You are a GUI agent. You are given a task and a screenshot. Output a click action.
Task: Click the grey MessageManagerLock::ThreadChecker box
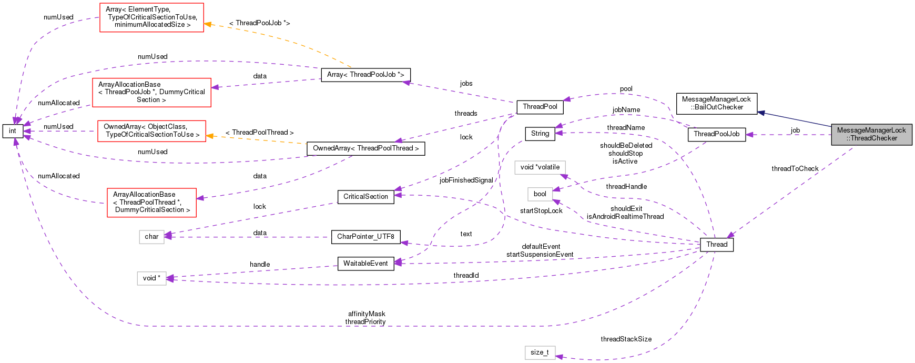[x=871, y=134]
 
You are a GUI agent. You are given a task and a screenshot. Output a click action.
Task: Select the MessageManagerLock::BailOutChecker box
[x=716, y=103]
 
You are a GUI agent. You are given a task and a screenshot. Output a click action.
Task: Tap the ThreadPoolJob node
[x=716, y=134]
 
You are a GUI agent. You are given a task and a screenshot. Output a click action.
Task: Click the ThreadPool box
[x=540, y=107]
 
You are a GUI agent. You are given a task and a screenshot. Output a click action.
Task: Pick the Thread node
[x=716, y=245]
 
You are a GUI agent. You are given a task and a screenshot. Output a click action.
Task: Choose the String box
[x=540, y=134]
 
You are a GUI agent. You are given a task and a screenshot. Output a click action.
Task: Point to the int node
[x=13, y=131]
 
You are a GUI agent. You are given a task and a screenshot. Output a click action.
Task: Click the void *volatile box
[x=540, y=167]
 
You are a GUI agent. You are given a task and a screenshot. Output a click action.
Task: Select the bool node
[x=540, y=194]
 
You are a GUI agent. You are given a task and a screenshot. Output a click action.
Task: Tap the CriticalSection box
[x=365, y=197]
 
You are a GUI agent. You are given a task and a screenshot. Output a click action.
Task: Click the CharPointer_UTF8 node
[x=365, y=237]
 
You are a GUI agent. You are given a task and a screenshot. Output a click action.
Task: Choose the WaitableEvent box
[x=365, y=264]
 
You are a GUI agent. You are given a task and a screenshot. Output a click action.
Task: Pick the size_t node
[x=540, y=352]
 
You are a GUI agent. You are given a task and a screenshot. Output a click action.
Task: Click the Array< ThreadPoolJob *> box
[x=365, y=75]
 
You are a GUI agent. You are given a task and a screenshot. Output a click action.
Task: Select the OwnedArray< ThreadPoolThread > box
[x=365, y=148]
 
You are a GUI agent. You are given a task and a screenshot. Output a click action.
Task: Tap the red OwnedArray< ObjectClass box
[x=151, y=130]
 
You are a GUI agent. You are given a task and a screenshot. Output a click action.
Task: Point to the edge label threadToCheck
[x=795, y=169]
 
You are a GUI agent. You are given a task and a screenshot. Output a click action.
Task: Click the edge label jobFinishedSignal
[x=466, y=180]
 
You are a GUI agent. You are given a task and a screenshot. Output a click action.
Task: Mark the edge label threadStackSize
[x=626, y=339]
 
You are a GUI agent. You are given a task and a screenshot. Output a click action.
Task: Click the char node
[x=151, y=237]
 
